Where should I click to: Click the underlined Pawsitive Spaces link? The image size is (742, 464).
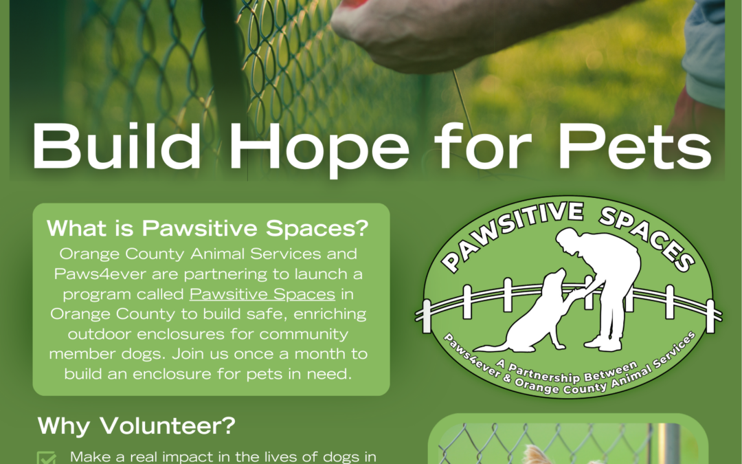click(x=262, y=294)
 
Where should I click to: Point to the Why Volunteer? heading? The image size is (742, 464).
click(x=136, y=426)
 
